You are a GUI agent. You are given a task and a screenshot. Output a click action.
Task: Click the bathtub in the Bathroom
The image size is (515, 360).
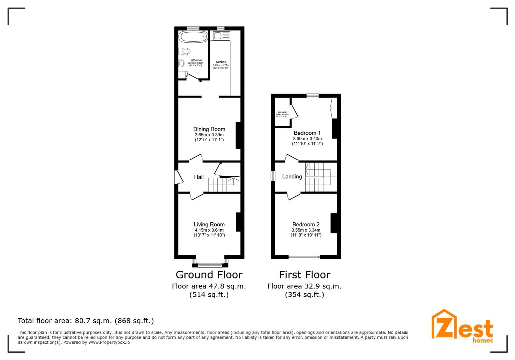193,37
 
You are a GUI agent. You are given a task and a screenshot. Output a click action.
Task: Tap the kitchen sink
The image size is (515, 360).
221,36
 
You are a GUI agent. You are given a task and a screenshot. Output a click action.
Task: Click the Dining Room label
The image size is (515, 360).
209,129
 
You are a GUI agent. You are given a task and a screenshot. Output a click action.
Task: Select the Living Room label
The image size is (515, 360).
209,225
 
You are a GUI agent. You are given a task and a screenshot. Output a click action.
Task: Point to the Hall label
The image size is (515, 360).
199,177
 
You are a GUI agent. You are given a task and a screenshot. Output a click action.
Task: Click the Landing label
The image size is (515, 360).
292,177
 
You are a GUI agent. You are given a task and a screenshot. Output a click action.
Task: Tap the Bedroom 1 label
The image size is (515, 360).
307,133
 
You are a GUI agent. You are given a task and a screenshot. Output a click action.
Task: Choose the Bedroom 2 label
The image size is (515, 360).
306,225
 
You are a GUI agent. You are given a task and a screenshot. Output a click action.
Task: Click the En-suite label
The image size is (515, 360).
282,112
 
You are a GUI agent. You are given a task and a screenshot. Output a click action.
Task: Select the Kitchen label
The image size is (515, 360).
221,62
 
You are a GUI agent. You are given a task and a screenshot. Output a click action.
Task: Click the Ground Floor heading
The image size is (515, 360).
209,275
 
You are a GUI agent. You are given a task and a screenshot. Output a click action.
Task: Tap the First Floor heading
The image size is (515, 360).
305,275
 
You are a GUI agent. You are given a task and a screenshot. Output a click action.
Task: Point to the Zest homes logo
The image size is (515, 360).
462,326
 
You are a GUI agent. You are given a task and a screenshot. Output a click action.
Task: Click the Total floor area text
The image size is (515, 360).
86,321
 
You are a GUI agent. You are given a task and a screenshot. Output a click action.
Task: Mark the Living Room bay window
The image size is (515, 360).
210,265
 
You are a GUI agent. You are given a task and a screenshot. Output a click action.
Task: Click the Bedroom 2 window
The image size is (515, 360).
304,257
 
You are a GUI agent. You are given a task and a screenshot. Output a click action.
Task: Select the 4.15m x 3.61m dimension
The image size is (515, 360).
209,230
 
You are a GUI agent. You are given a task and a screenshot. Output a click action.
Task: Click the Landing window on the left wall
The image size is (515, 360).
273,176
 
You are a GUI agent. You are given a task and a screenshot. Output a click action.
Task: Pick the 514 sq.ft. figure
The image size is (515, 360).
209,295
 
